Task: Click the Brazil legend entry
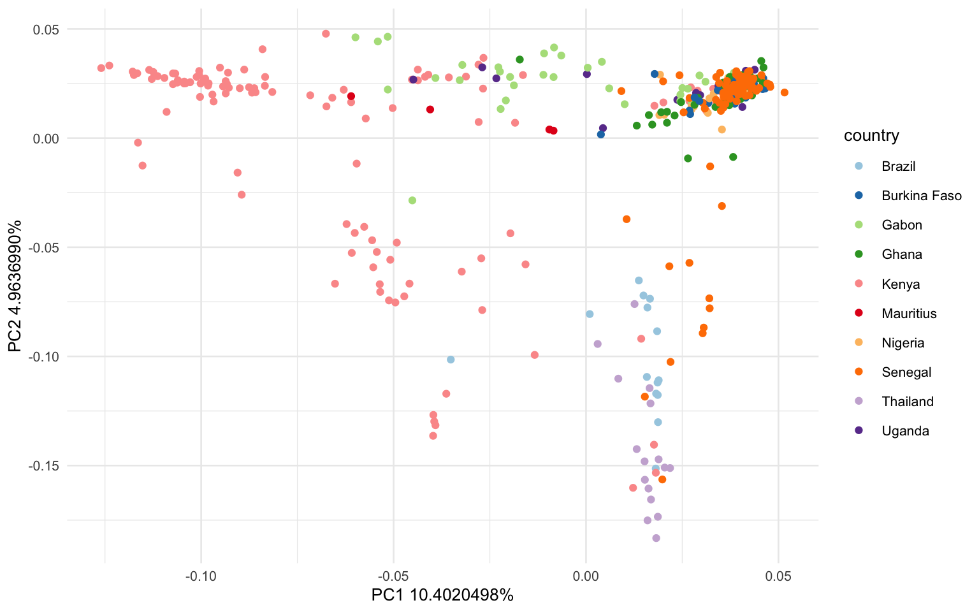pyautogui.click(x=898, y=166)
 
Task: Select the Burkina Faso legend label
pyautogui.click(x=921, y=196)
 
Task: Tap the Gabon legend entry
pyautogui.click(x=901, y=225)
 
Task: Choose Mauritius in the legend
pyautogui.click(x=909, y=313)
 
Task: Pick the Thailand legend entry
pyautogui.click(x=907, y=401)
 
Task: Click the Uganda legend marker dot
pyautogui.click(x=859, y=430)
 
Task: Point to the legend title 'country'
pyautogui.click(x=871, y=135)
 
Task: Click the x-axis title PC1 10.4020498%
pyautogui.click(x=442, y=595)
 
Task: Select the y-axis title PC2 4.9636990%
pyautogui.click(x=16, y=285)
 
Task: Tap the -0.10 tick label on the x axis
pyautogui.click(x=201, y=576)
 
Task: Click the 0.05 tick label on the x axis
pyautogui.click(x=778, y=576)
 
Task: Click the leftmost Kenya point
pyautogui.click(x=101, y=68)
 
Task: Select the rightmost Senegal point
pyautogui.click(x=785, y=92)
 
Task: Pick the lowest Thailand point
pyautogui.click(x=656, y=538)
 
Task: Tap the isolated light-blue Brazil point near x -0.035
pyautogui.click(x=451, y=360)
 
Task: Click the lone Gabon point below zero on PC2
pyautogui.click(x=412, y=200)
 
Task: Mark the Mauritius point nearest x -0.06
pyautogui.click(x=351, y=96)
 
